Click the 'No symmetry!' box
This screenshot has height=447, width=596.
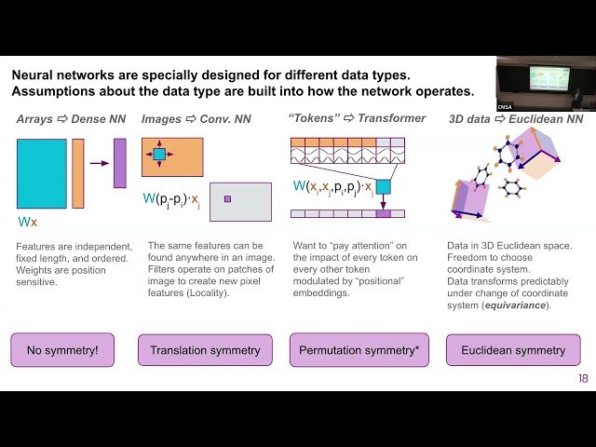tap(62, 350)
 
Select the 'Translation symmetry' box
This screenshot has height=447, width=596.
tap(206, 350)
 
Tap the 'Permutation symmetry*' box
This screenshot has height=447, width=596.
tap(359, 350)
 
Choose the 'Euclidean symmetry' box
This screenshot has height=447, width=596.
tap(512, 350)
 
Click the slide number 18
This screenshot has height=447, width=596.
tap(584, 379)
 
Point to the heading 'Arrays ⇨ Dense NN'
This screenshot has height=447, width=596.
tap(72, 119)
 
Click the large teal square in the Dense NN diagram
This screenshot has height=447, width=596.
tap(41, 173)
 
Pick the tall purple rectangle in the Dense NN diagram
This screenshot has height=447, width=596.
tap(119, 163)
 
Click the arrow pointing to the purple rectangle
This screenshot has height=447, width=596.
tap(98, 162)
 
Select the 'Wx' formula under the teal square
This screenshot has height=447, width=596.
tap(27, 223)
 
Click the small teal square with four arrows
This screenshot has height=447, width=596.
tap(158, 155)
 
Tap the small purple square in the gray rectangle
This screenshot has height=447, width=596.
tap(226, 198)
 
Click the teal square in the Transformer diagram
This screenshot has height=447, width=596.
tap(383, 187)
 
